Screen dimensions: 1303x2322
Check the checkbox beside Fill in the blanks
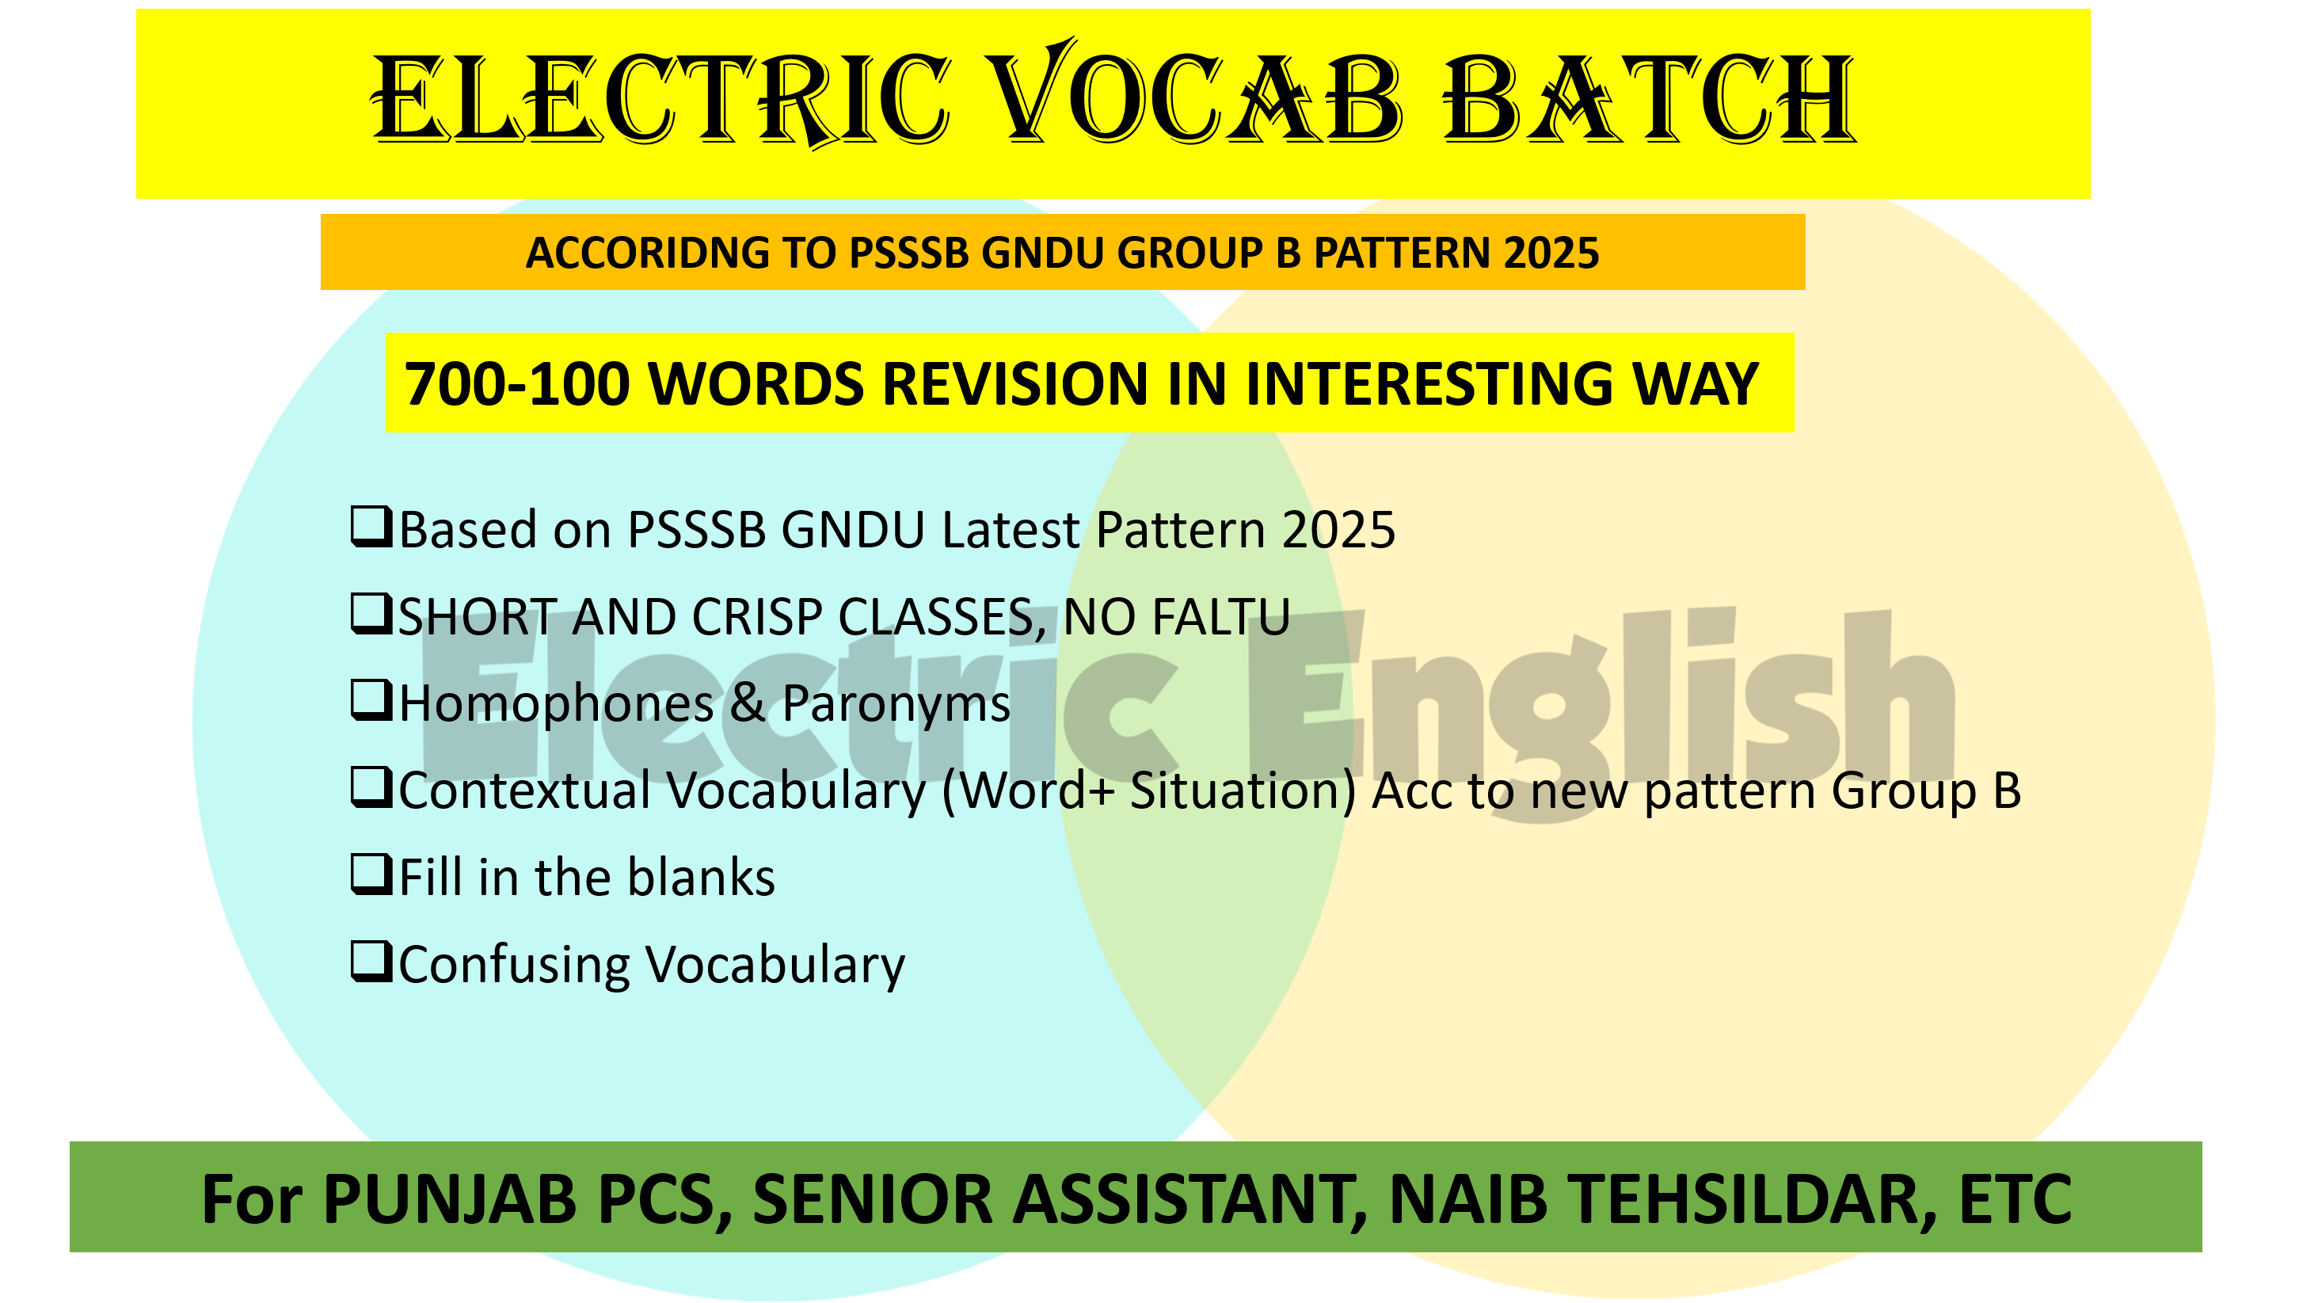371,874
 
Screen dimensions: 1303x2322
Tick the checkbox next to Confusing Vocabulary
371,962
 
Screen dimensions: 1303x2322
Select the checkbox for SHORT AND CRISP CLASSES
371,613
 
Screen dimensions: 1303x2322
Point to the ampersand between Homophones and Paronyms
748,704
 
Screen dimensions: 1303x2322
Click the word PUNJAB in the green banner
450,1200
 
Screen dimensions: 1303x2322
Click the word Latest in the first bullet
1011,530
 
